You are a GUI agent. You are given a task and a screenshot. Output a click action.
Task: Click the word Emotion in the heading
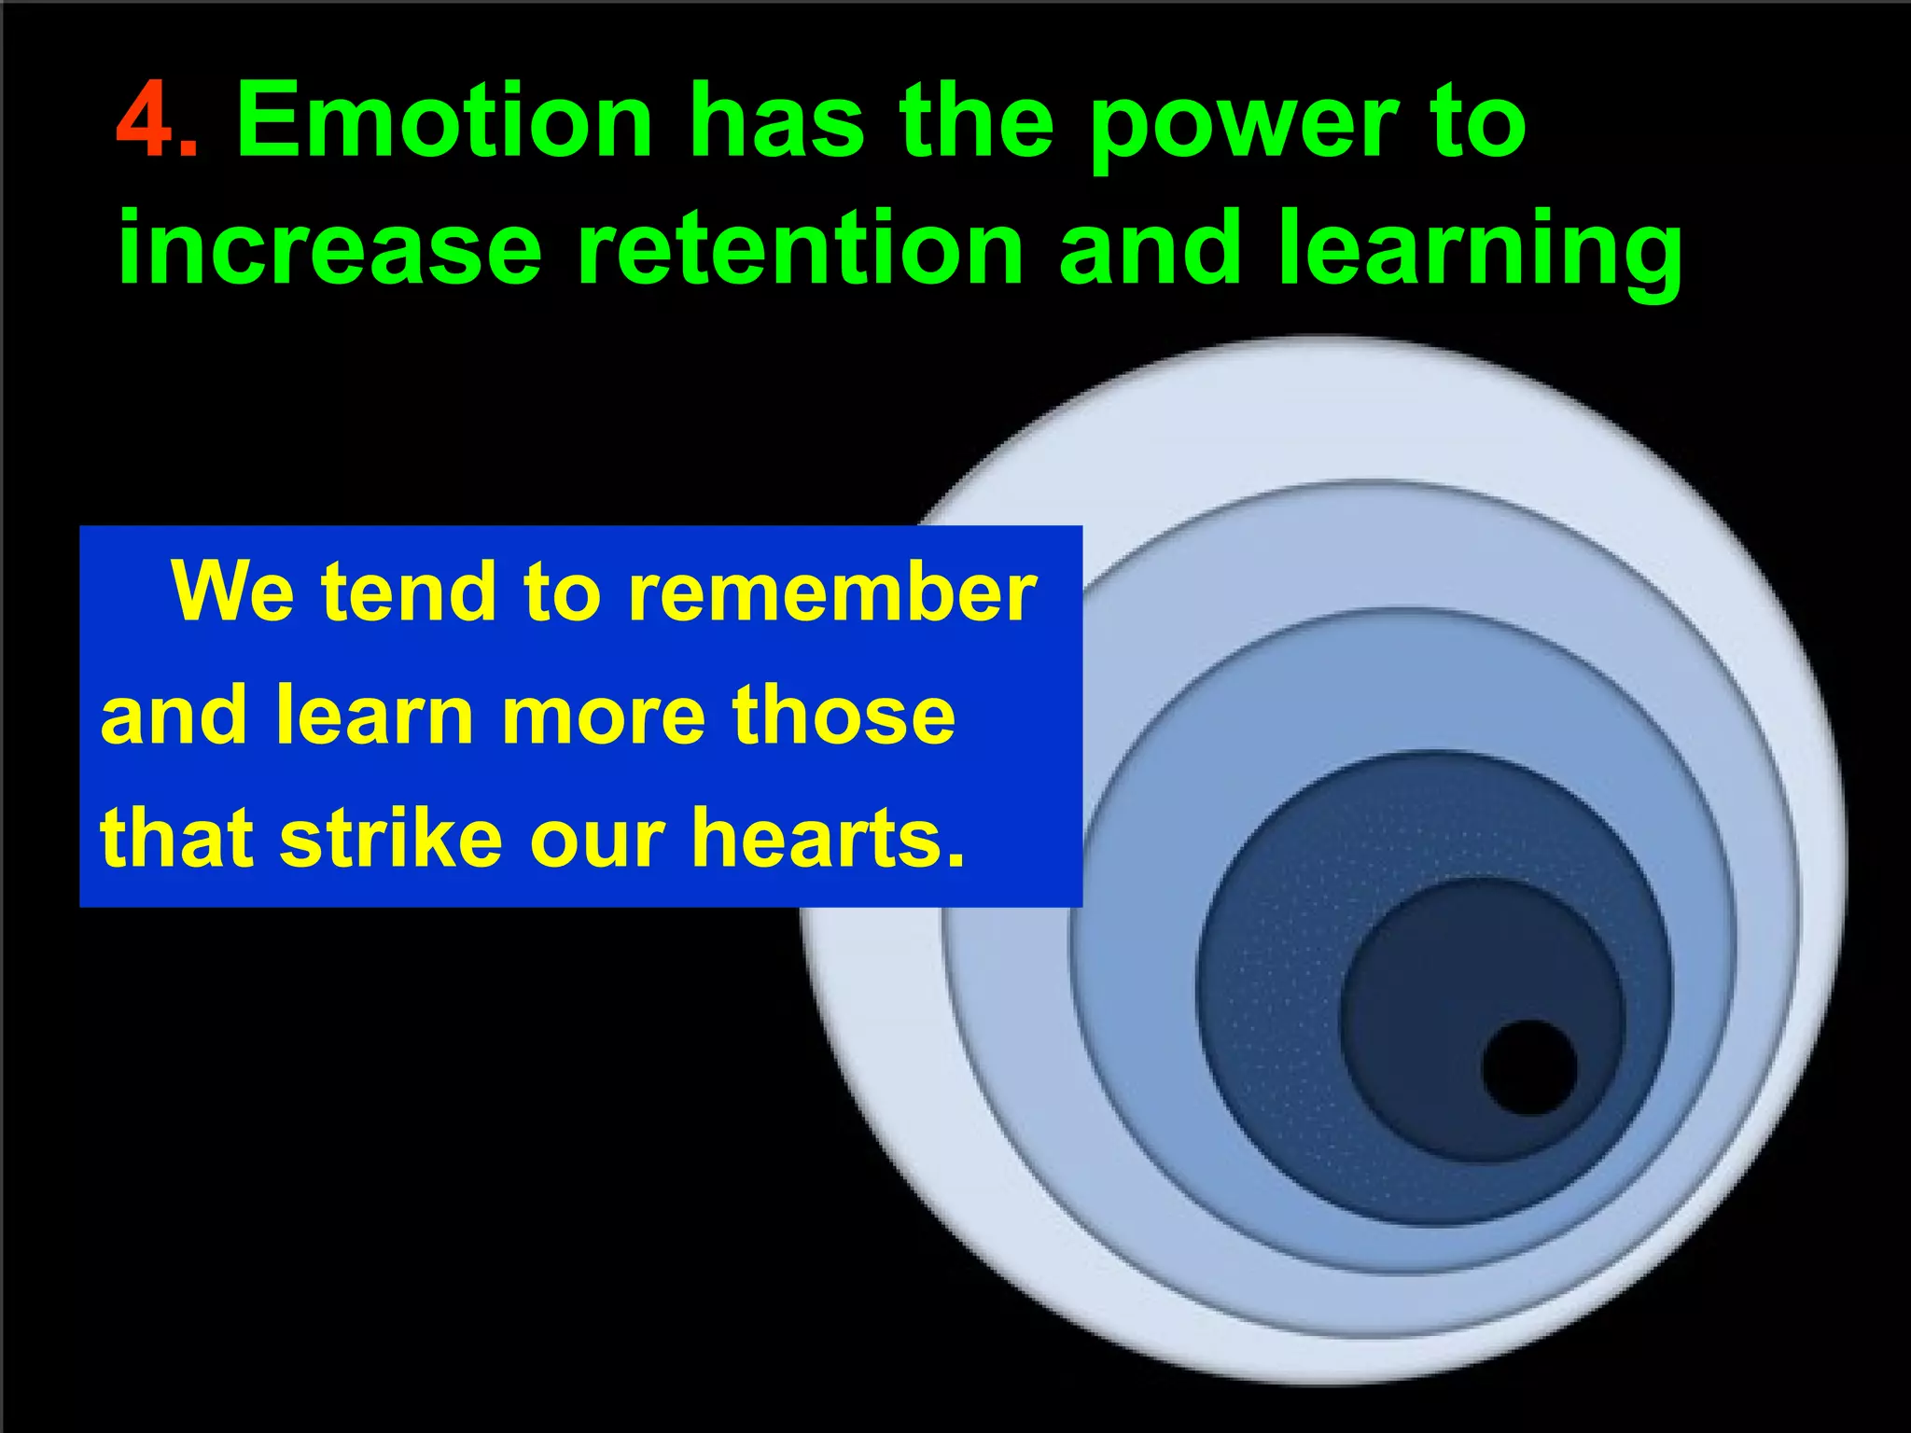click(x=444, y=121)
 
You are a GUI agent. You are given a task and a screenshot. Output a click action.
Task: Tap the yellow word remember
click(x=831, y=591)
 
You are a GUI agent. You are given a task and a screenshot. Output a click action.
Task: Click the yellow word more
click(x=602, y=716)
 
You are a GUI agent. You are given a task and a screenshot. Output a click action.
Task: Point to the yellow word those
click(x=844, y=716)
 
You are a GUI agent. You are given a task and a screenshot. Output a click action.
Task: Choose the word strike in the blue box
click(x=392, y=837)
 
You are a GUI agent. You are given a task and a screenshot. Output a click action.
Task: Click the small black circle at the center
click(x=1528, y=1067)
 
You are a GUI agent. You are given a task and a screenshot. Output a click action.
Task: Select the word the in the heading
click(x=976, y=121)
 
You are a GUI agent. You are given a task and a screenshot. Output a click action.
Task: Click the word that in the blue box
click(x=176, y=837)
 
